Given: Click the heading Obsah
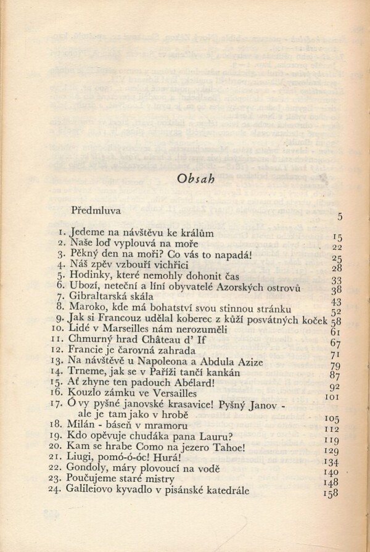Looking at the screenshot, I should click(195, 178).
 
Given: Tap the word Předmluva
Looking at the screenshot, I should click(95, 210).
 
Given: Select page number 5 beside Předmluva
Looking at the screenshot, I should click(339, 216).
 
